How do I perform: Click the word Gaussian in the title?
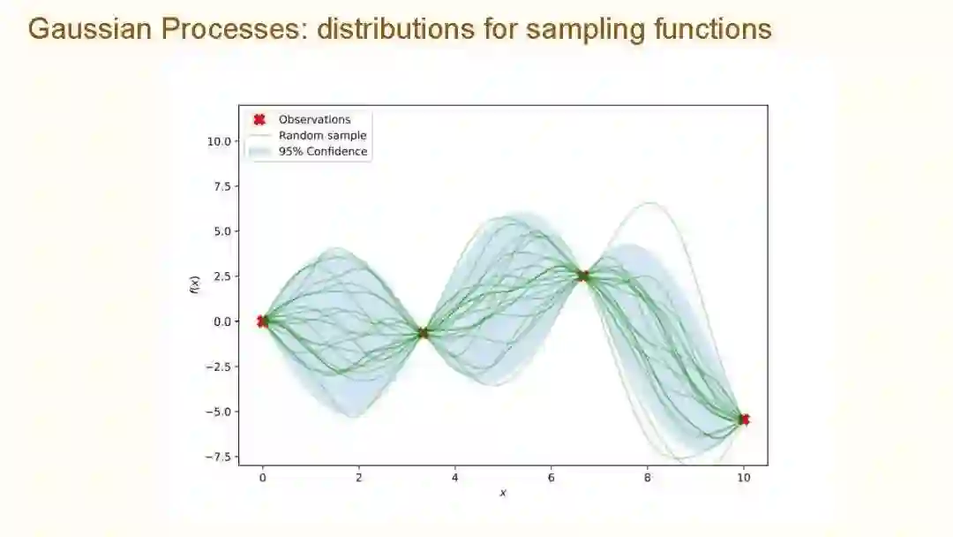90,28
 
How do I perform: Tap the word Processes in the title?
234,28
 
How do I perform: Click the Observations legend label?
314,120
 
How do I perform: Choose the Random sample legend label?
322,136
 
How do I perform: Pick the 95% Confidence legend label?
323,151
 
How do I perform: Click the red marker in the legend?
259,120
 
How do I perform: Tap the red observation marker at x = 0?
262,321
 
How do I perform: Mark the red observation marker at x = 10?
745,420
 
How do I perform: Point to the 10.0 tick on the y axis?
219,141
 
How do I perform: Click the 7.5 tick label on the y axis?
222,186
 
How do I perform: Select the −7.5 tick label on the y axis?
218,458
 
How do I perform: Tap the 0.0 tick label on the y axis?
222,321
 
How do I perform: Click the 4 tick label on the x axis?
454,478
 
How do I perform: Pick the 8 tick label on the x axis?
648,478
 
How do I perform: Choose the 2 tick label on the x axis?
358,478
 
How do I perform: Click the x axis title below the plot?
503,493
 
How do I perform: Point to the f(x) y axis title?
194,285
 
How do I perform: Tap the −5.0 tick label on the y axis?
218,412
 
